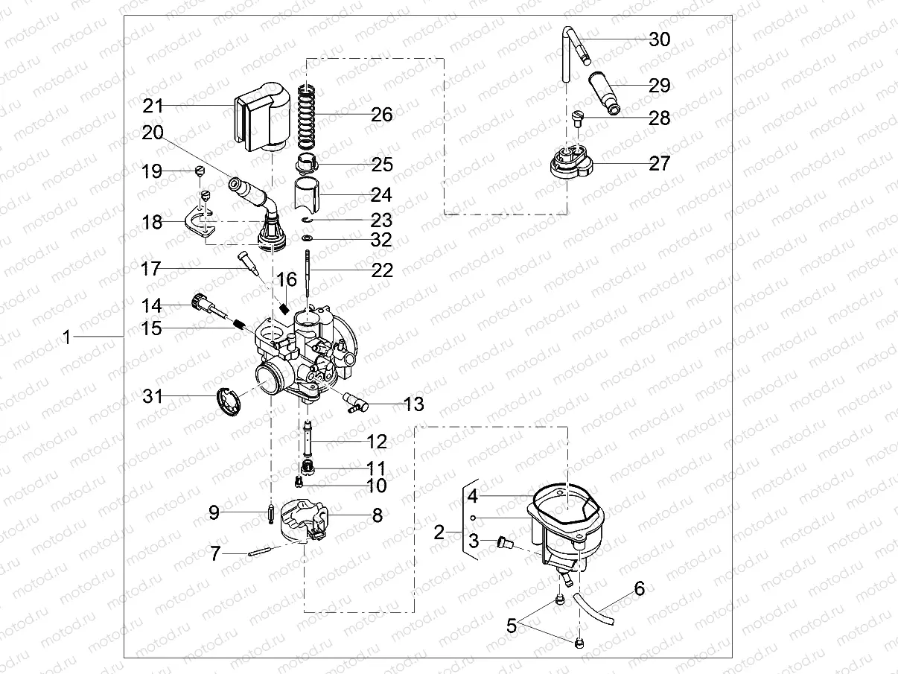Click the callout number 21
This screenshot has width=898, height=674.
[153, 106]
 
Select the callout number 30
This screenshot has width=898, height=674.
[659, 39]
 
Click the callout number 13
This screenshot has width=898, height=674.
[413, 404]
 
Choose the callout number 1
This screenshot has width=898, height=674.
[66, 337]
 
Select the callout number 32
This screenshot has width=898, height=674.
[381, 241]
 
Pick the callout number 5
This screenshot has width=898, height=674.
[511, 626]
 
